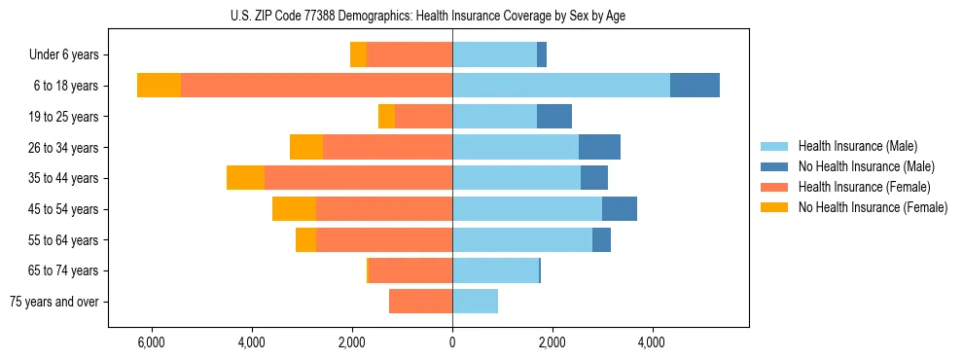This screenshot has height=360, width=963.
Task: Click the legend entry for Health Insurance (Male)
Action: tap(857, 146)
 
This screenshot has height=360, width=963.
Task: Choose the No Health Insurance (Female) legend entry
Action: tap(873, 207)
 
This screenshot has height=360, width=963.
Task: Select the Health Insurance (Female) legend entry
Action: tap(864, 187)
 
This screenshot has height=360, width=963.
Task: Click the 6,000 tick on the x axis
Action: tap(152, 342)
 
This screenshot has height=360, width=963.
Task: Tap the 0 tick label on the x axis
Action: tap(452, 342)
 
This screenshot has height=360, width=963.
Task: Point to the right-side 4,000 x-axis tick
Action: tap(652, 342)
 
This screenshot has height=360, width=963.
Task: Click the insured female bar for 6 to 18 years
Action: tap(316, 86)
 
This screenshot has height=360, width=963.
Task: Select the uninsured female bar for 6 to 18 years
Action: tap(159, 86)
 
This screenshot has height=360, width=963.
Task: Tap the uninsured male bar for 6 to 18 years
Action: tap(695, 86)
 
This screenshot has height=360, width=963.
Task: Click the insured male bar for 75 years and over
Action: tap(475, 302)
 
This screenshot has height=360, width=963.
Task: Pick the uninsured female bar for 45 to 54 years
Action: tap(294, 209)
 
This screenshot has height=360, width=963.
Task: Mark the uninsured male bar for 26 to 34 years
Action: tap(599, 147)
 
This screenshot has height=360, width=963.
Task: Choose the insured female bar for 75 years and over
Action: tap(420, 302)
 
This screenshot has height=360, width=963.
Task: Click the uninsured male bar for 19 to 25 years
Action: tap(554, 117)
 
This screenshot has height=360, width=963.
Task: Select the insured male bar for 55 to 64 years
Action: tap(522, 239)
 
